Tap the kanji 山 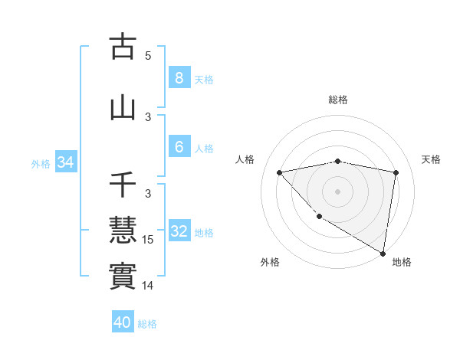pos(123,107)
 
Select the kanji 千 pos(123,185)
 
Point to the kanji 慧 pos(123,229)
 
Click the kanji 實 pos(123,274)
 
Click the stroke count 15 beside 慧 pos(149,240)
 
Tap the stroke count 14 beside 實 pos(149,286)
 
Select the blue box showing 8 pos(179,77)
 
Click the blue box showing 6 pos(179,147)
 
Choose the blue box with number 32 pos(179,231)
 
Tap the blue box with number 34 pos(65,162)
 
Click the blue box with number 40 pos(122,322)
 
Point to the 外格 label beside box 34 pos(41,163)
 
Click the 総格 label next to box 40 pos(147,324)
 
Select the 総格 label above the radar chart pos(337,100)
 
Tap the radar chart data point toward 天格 pos(396,172)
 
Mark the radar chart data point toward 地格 pos(383,253)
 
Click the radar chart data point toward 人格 pos(279,172)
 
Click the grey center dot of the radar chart pos(337,191)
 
